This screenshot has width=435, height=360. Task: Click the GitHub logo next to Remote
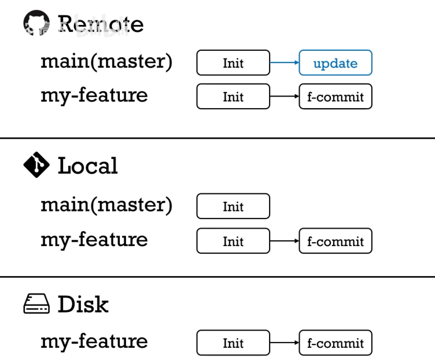(36, 24)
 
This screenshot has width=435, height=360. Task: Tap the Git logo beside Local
(36, 165)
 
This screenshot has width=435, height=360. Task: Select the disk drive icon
(36, 304)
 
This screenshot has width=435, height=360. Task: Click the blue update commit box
(335, 63)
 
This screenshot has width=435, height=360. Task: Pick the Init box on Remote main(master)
(233, 63)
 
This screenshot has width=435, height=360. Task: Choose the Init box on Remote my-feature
(233, 97)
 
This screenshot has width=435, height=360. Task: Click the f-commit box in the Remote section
(335, 97)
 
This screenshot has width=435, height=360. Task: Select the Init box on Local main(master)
(233, 206)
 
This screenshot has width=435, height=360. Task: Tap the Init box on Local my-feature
(233, 241)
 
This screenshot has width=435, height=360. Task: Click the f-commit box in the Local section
(335, 241)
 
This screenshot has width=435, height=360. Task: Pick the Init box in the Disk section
(233, 343)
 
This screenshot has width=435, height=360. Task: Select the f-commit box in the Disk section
(335, 343)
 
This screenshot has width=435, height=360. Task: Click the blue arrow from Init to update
(284, 63)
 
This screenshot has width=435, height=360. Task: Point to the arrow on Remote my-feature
(284, 97)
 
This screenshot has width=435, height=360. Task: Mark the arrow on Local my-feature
(284, 241)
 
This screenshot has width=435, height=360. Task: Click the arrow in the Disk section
(284, 343)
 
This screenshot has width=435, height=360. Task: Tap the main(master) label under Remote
(106, 61)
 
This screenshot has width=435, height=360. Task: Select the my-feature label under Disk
(94, 342)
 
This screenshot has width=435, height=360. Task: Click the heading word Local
(87, 166)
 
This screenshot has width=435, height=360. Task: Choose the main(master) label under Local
(106, 205)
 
